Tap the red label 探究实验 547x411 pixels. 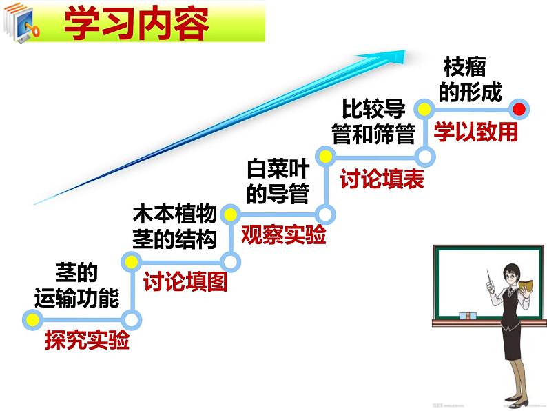tap(87, 341)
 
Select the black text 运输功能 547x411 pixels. tap(76, 297)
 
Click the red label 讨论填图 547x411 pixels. tap(185, 282)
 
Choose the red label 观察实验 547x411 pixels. tap(283, 235)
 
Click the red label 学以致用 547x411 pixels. tap(475, 132)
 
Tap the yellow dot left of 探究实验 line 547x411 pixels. tap(30, 318)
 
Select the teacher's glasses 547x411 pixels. tap(511, 272)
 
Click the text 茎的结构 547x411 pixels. tap(174, 239)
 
